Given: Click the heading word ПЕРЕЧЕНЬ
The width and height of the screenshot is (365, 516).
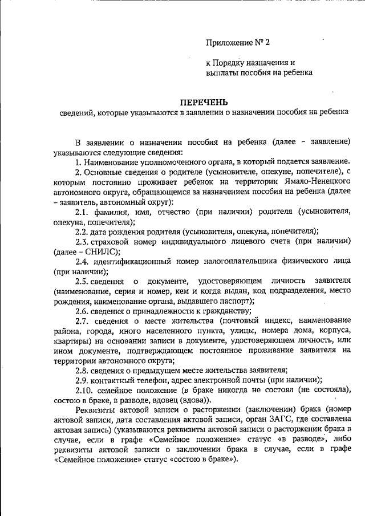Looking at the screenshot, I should (204, 103).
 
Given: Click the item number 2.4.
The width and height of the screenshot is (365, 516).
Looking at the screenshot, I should (83, 261).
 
